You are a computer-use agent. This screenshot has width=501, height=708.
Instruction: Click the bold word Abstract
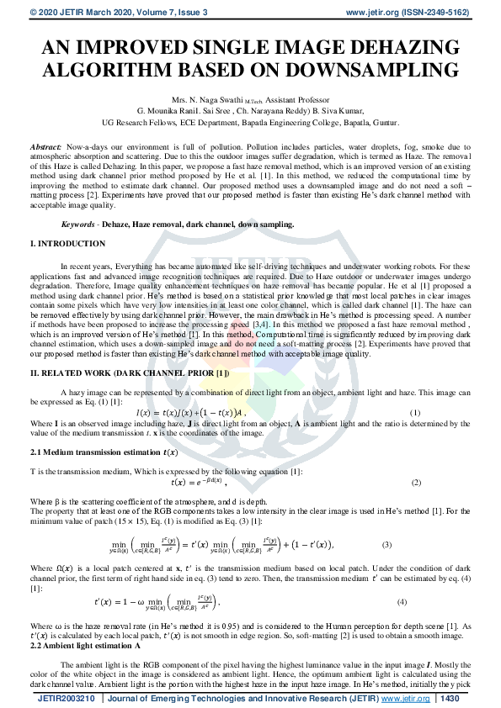pyautogui.click(x=46, y=146)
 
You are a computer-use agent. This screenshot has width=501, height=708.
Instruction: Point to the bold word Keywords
pyautogui.click(x=79, y=225)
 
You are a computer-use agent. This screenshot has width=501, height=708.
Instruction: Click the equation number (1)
pyautogui.click(x=414, y=413)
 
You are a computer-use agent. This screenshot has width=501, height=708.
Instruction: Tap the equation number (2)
pyautogui.click(x=416, y=483)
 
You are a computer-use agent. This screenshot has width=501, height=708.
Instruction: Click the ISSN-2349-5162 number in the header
pyautogui.click(x=458, y=12)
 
